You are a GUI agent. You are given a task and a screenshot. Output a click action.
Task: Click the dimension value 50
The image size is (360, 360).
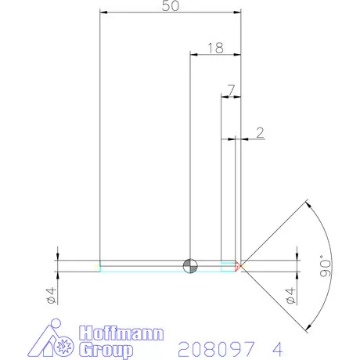pos(169,6)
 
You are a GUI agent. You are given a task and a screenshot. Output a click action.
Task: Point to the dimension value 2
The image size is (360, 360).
pos(260,132)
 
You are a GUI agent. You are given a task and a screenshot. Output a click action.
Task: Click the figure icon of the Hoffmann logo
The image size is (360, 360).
pos(62,341)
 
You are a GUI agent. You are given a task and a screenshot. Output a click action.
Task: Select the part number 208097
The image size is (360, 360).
pos(213,347)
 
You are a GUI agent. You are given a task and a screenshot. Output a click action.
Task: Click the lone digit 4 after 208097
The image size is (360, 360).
pos(275,347)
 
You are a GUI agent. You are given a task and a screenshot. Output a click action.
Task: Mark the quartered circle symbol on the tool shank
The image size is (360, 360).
pos(189,265)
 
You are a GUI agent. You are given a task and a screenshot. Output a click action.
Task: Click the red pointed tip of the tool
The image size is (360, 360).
pos(239,266)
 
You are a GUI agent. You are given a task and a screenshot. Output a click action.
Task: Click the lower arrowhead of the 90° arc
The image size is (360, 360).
pos(308,326)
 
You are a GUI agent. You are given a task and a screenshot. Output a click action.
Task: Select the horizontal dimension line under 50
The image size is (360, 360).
pos(169,13)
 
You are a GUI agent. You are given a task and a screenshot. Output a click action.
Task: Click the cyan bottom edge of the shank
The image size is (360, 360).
pos(157,271)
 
